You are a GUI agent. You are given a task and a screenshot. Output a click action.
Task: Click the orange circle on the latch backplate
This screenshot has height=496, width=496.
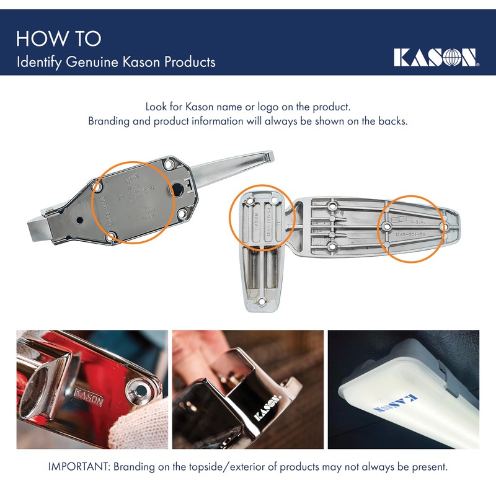point(131,203)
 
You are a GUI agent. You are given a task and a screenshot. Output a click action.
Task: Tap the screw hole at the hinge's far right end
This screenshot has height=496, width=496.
point(445,228)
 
